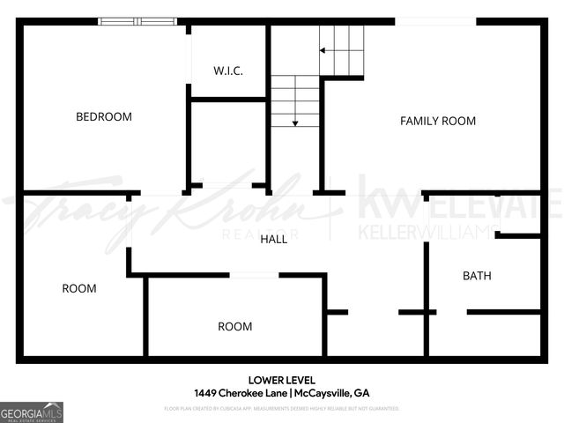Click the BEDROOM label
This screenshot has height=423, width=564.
tap(104, 116)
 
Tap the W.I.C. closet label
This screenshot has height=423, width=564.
tap(228, 70)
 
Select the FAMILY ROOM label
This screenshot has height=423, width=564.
tap(438, 121)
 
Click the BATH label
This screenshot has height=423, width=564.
tap(477, 276)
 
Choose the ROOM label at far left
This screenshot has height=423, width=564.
tap(79, 288)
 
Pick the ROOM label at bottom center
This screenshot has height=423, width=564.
tap(235, 326)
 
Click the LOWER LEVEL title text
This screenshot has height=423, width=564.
tap(282, 381)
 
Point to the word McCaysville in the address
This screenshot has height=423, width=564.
tap(325, 393)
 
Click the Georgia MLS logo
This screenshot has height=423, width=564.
tap(32, 412)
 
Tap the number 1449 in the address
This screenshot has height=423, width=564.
tap(206, 393)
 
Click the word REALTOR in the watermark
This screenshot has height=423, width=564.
tap(273, 234)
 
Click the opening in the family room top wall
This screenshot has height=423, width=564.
tap(435, 21)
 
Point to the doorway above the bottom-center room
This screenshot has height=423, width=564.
tap(255, 275)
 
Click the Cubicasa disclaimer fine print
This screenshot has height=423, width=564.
tap(282, 409)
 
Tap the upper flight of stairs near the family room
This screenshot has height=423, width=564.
tap(343, 49)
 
